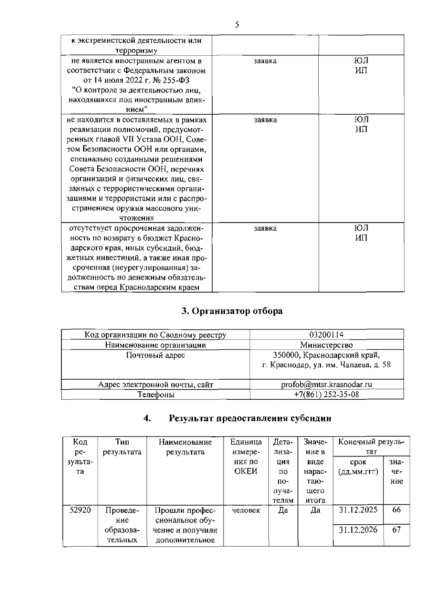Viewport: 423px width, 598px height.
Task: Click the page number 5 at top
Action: point(237,25)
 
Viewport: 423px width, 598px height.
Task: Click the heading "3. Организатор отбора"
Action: point(232,311)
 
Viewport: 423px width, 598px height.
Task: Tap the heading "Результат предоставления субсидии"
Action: point(250,418)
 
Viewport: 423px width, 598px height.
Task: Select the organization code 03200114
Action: point(326,335)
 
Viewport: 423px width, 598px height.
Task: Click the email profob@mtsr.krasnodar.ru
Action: point(326,385)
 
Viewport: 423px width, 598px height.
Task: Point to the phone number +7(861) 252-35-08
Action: point(326,394)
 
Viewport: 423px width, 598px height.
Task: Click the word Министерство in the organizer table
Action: point(326,345)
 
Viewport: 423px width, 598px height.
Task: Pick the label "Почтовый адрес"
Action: point(155,355)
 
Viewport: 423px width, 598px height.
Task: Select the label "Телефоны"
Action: point(155,394)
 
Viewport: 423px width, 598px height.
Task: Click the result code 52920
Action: point(80,510)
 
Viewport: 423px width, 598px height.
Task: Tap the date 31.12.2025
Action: point(358,510)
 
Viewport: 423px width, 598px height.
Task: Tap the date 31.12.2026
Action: point(358,530)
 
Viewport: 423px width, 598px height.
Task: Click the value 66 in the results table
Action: point(397,510)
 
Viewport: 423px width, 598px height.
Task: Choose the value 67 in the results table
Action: point(397,530)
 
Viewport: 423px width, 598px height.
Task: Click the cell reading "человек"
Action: point(246,510)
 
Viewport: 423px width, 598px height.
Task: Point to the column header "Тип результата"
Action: point(122,447)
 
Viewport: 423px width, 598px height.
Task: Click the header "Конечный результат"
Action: point(371,447)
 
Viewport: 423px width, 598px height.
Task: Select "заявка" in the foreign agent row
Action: point(265,61)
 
